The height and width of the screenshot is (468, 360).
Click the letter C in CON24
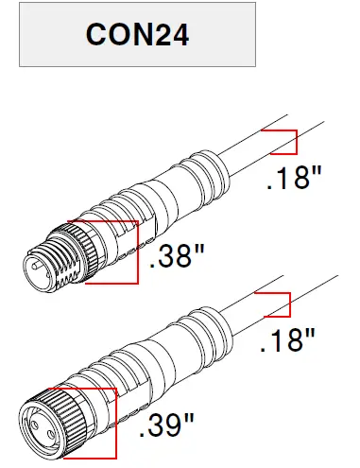(x=96, y=35)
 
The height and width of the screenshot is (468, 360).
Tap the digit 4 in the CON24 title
(x=178, y=35)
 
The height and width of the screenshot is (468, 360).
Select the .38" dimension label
(x=177, y=256)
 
